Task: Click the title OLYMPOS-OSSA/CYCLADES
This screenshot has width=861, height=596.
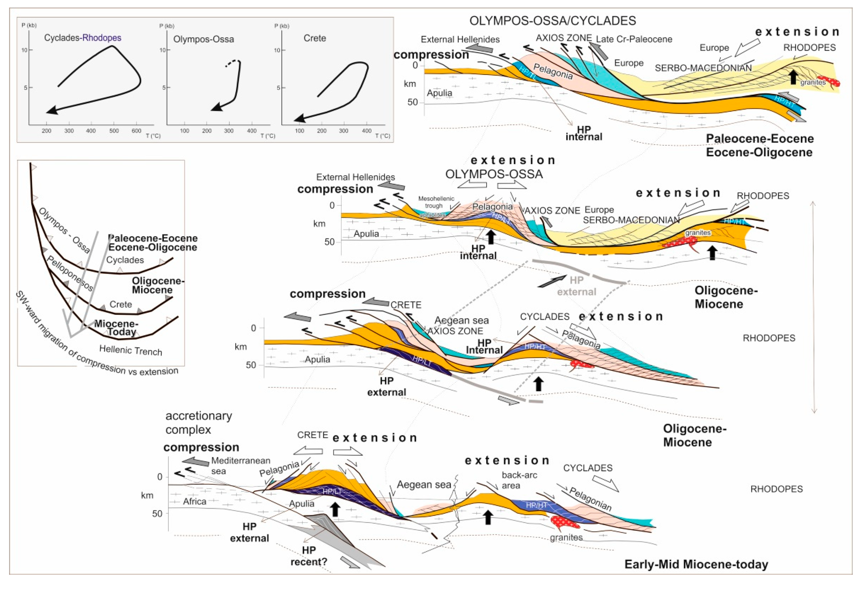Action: pos(553,21)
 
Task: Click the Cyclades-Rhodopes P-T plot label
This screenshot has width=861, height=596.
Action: pos(83,38)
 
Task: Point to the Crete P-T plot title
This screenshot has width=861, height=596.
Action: pos(314,38)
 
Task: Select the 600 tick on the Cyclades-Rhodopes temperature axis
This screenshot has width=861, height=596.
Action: pos(136,131)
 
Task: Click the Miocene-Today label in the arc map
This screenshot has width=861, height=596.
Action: pos(116,328)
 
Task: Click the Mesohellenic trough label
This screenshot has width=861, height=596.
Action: pos(436,202)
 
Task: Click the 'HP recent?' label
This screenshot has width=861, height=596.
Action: pos(308,556)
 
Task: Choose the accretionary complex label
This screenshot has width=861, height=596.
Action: pos(198,422)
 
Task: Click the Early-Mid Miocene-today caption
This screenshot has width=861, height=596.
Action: pos(696,564)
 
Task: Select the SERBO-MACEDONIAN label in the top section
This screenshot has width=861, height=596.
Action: pos(703,68)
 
